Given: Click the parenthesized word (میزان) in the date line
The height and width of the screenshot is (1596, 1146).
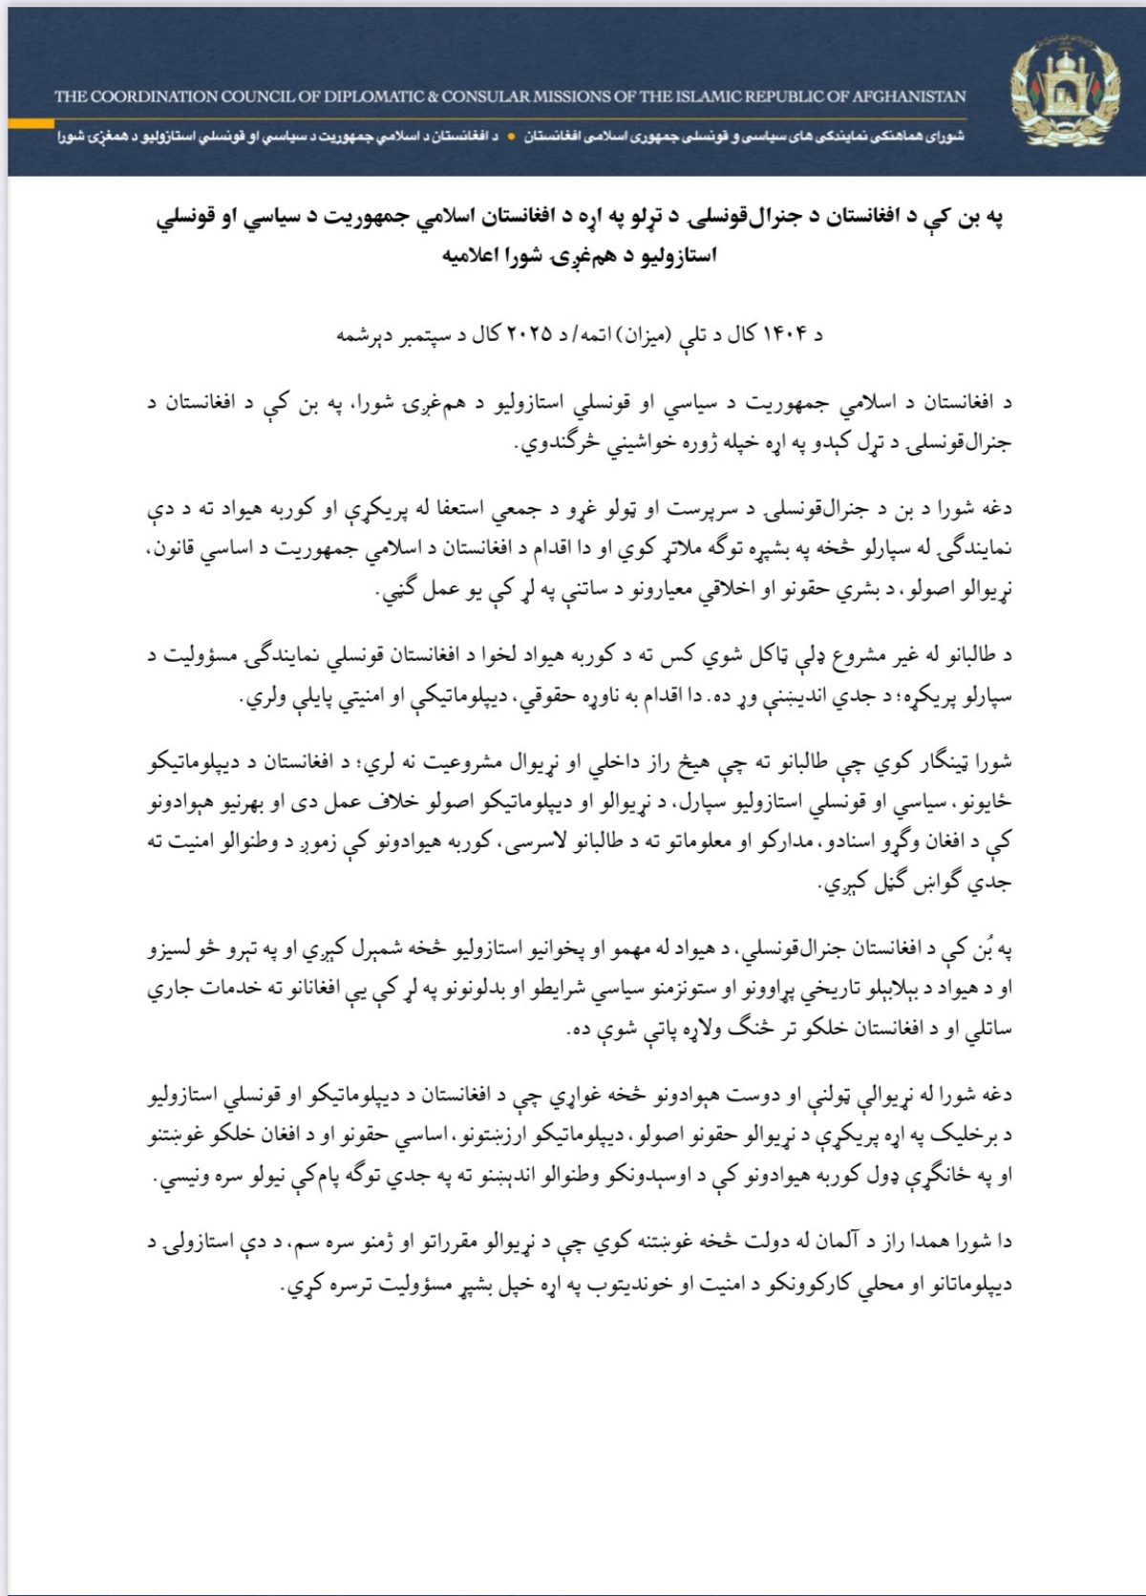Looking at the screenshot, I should coord(634,335).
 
